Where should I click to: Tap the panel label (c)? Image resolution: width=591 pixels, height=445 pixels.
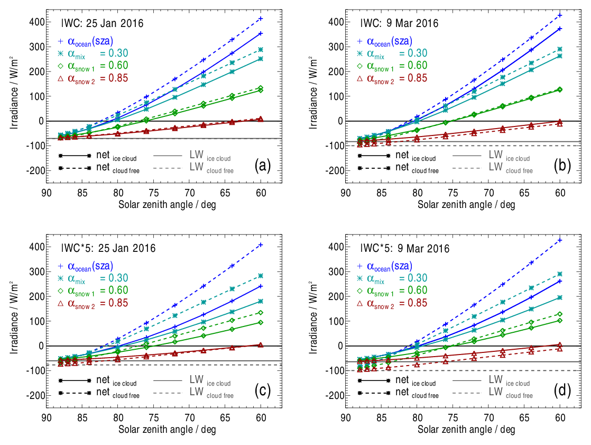click(262, 390)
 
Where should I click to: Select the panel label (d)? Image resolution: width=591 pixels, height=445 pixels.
click(562, 390)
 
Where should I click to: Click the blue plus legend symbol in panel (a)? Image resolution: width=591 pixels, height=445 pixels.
click(60, 41)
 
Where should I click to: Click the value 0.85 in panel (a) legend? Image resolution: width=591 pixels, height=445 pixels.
click(115, 78)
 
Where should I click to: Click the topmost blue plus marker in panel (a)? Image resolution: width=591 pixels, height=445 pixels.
click(261, 19)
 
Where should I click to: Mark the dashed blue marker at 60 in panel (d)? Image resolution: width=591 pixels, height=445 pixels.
click(560, 240)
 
